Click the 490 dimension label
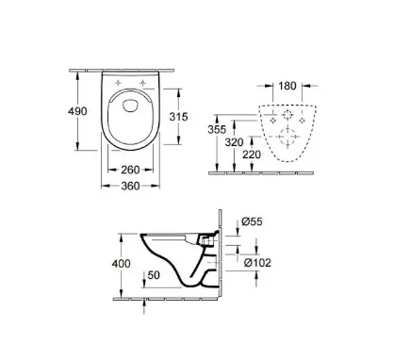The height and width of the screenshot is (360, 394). point(77,111)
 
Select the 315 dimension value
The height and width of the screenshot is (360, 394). point(178,117)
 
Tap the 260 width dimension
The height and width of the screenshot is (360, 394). point(130,170)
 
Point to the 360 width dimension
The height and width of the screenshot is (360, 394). point(130,187)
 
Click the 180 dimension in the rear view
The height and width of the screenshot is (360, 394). point(287,86)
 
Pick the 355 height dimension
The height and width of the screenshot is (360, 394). point(217,129)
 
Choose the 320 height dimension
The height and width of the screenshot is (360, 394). point(234,142)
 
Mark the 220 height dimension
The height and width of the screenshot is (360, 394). point(252,155)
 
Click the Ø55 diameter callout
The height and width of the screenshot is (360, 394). point(252,221)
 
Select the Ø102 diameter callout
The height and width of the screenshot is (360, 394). point(257,262)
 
